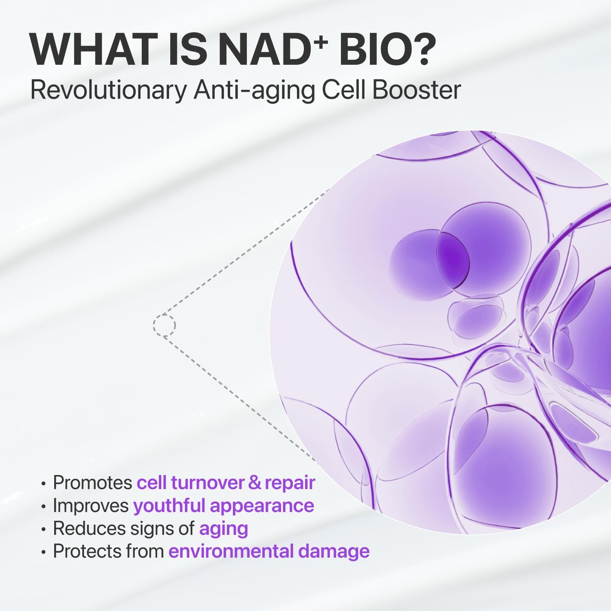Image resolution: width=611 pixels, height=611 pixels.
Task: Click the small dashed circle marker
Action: coord(164,325)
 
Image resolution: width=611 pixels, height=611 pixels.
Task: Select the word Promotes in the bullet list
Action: coord(92,483)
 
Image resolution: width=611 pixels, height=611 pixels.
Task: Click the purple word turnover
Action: coord(207,483)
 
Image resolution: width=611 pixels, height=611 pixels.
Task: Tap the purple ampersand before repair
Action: coord(254,483)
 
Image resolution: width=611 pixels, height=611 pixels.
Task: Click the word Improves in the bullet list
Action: coord(91,506)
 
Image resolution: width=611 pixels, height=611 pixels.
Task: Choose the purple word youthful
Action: coord(169,506)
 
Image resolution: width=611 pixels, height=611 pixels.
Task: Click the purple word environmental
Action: coord(231,551)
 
